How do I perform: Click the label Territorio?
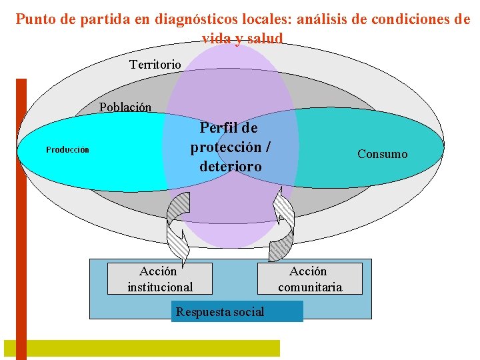coord(155,65)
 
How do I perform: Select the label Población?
coord(125,107)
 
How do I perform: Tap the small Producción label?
coord(67,149)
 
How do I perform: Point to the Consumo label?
coord(382,154)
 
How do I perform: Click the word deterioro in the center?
coord(230,166)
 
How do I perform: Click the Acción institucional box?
coord(160,279)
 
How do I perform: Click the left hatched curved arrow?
coord(178,227)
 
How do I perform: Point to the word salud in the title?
coord(265,39)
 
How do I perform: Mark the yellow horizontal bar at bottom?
coord(141,348)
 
